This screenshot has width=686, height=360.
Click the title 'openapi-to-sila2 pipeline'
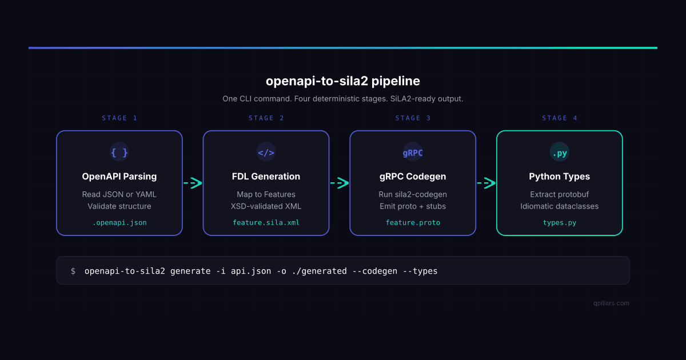tap(343, 81)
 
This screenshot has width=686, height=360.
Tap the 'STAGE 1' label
tap(119, 118)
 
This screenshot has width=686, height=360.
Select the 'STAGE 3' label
tap(413, 118)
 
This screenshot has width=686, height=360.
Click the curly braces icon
tap(119, 153)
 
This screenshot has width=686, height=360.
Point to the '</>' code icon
tap(266, 153)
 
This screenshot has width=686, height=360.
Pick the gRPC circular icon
tap(413, 153)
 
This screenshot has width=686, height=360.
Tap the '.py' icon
tap(559, 153)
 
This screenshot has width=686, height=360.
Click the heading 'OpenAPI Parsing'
tap(119, 176)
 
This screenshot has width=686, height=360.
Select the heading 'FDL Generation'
tap(266, 176)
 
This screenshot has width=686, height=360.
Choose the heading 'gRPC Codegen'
tap(413, 176)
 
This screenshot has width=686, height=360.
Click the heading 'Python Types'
tap(559, 176)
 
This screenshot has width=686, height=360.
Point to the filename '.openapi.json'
tap(119, 222)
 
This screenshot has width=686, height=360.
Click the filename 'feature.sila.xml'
tap(266, 222)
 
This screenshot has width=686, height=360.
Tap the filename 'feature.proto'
tap(413, 222)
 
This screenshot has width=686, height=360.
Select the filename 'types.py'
tap(559, 222)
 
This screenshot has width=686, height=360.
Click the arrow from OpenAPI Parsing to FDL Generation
tap(193, 183)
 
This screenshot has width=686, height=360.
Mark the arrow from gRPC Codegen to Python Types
tap(486, 183)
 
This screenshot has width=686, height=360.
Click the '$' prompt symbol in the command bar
tap(73, 271)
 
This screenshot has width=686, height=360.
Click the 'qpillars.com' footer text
tap(611, 303)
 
